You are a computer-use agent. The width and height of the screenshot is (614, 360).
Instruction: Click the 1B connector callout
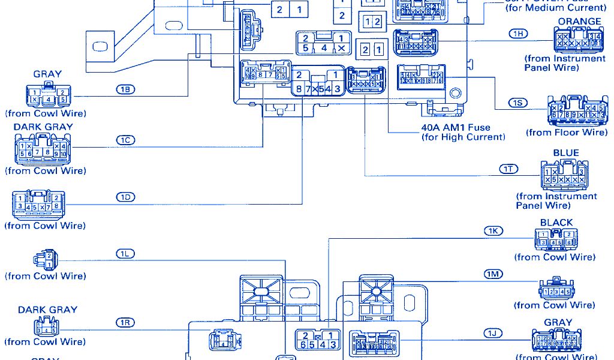point(125,89)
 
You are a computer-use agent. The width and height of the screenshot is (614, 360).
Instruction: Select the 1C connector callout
point(125,140)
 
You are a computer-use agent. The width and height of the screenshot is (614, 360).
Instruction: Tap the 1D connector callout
point(125,197)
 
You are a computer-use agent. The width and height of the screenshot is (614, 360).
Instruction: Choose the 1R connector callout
point(125,323)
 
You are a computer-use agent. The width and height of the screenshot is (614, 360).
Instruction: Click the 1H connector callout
point(518,34)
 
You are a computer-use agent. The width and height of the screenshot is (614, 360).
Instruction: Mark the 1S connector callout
point(518,103)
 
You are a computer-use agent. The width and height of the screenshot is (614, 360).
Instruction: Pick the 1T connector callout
point(508,169)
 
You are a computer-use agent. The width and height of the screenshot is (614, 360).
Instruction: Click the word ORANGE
point(579,22)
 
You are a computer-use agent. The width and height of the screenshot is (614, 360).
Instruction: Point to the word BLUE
point(566,153)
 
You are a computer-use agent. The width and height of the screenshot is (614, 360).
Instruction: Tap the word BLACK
point(556,223)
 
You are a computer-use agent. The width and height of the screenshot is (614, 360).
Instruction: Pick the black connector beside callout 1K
point(556,241)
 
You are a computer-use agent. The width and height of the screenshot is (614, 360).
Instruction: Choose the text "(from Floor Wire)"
point(567,132)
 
